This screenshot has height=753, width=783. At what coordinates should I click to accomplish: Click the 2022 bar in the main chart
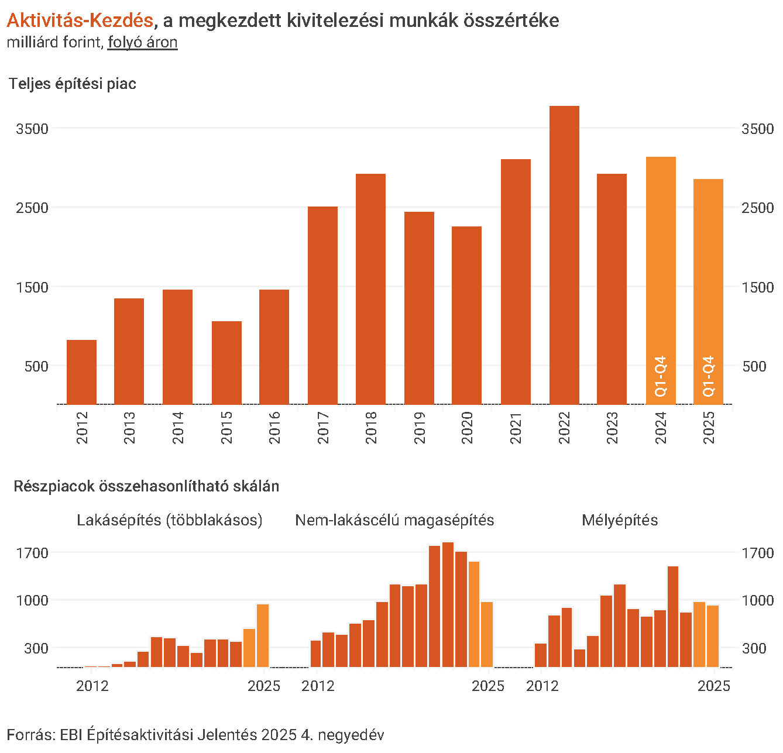(x=564, y=255)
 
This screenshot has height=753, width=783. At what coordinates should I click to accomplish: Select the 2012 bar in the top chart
(x=81, y=372)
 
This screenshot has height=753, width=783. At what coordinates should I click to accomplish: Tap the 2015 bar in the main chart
(x=226, y=363)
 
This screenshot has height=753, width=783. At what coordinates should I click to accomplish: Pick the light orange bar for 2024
(x=661, y=281)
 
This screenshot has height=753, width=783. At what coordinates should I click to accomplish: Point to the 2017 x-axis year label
(x=323, y=428)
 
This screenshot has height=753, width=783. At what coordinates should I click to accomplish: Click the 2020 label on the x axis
(x=467, y=428)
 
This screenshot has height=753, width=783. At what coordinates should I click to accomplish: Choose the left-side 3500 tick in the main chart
(x=32, y=129)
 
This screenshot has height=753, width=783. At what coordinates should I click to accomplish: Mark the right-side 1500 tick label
(x=757, y=287)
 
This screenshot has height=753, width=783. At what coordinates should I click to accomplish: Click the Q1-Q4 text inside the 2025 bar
(x=709, y=376)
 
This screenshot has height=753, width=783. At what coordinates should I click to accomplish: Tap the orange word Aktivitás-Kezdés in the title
(x=80, y=20)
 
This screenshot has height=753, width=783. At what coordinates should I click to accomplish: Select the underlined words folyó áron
(x=142, y=43)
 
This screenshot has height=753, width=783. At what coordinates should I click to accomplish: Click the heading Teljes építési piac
(x=73, y=84)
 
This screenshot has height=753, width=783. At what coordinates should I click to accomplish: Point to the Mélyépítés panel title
(x=620, y=520)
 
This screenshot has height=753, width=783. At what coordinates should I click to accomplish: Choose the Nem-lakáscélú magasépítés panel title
(x=394, y=520)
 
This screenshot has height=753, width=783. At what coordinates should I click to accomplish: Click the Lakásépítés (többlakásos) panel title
(x=170, y=520)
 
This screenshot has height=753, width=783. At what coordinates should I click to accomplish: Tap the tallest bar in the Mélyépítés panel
(x=673, y=617)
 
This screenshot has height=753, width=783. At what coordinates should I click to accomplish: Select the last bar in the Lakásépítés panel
(x=263, y=635)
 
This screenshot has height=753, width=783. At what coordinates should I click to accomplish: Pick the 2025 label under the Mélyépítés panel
(x=714, y=686)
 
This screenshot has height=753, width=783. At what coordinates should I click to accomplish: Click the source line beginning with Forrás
(x=195, y=735)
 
